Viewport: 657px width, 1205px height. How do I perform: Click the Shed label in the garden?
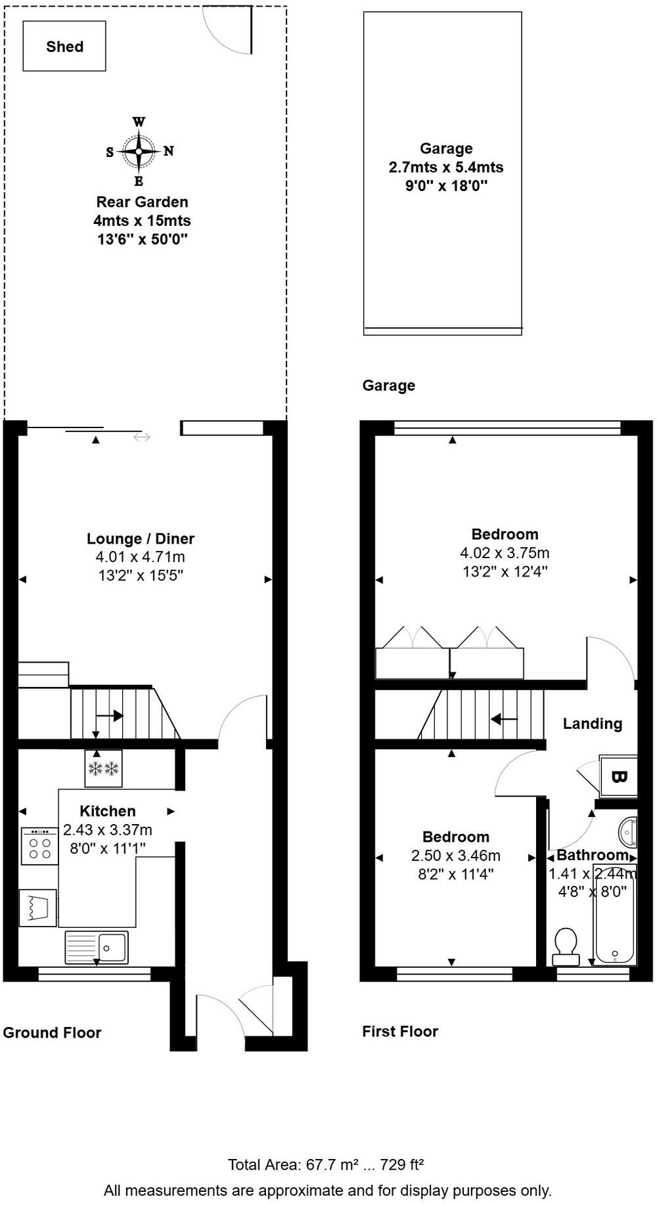point(64,47)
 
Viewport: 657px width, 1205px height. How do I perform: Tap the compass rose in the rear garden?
point(139,152)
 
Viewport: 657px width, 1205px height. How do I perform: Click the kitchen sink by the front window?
point(97,947)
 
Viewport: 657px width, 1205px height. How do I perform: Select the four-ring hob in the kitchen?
point(39,846)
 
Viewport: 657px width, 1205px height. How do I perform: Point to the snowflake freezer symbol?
point(103,768)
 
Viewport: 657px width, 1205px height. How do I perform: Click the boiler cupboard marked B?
point(618,777)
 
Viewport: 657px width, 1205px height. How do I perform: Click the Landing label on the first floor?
point(592,724)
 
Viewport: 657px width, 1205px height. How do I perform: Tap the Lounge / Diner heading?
point(141,539)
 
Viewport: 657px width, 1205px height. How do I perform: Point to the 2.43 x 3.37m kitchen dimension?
point(108,829)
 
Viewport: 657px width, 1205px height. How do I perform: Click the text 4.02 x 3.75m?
point(505,553)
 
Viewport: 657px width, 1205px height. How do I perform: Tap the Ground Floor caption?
point(52,1033)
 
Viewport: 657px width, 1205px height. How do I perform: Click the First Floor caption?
point(399,1032)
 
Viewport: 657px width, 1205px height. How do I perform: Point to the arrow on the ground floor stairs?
point(109,716)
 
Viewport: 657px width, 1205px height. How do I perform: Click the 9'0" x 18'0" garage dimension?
point(446,186)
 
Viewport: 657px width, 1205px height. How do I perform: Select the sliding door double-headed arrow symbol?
point(142,437)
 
